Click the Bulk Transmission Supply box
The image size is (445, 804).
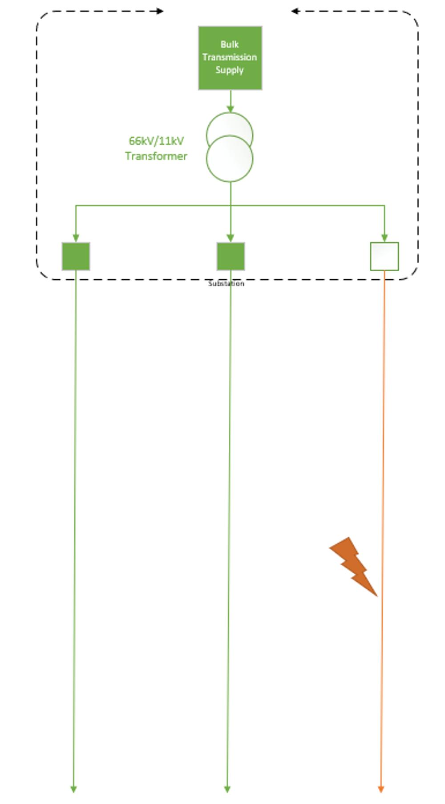230,58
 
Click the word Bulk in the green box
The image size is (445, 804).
230,45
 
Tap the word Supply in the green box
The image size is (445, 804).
230,70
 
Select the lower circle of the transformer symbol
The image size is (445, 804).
230,160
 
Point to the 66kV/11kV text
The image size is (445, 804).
156,141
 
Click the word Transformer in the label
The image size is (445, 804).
156,156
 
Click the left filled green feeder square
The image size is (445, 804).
76,256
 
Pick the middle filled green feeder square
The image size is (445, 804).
231,256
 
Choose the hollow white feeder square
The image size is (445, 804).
384,256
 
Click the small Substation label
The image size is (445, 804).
226,283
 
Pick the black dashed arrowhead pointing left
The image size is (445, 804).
294,11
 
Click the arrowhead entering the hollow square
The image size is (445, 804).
384,238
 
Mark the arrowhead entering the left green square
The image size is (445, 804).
76,238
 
